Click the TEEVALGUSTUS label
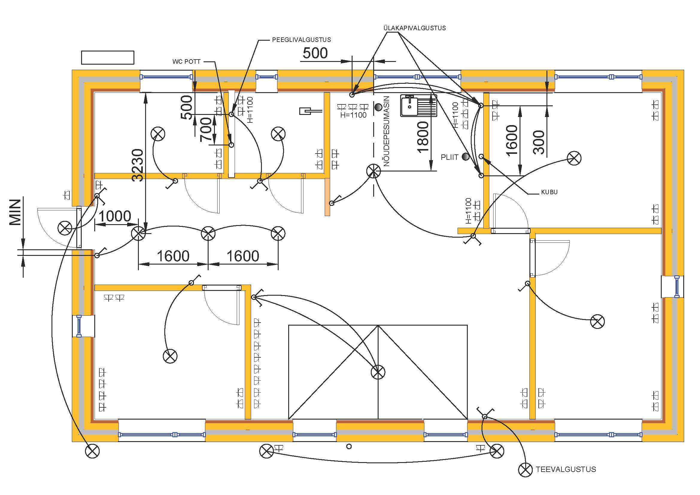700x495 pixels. click(566, 469)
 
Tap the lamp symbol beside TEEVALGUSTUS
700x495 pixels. click(525, 470)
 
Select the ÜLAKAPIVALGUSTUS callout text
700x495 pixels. click(414, 28)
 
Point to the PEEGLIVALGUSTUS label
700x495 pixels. click(302, 40)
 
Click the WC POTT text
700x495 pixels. click(186, 62)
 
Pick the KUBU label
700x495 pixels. click(549, 192)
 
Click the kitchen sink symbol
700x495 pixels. click(419, 105)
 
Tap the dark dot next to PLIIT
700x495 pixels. click(466, 157)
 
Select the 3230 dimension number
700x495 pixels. click(138, 165)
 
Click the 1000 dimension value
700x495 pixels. click(115, 216)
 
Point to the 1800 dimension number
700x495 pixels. click(423, 137)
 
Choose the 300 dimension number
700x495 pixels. click(539, 142)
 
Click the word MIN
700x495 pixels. click(15, 212)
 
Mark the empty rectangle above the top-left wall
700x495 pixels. click(108, 57)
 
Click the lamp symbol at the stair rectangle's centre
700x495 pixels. click(378, 372)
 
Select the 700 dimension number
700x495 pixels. click(206, 130)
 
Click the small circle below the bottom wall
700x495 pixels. click(349, 447)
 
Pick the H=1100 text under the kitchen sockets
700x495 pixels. click(353, 115)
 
